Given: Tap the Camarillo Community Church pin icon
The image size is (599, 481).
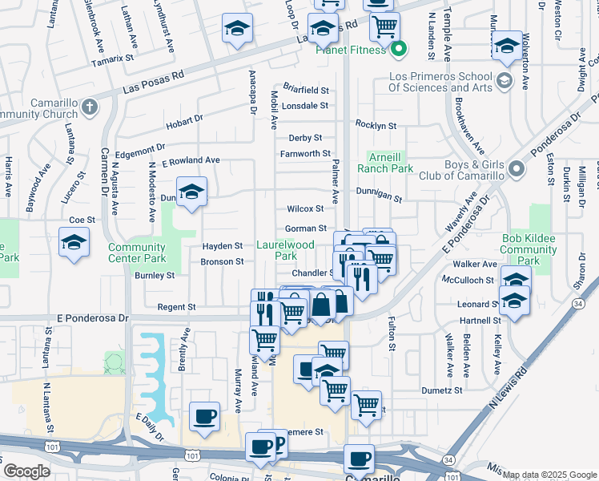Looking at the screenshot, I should (90, 106).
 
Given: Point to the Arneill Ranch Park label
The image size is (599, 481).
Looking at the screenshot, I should (390, 162).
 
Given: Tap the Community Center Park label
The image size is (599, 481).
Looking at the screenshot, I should (137, 253).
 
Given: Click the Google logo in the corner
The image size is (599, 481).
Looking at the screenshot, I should (26, 471).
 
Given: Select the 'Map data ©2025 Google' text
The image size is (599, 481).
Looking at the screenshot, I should (549, 475).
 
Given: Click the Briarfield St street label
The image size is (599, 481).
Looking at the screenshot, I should (306, 90).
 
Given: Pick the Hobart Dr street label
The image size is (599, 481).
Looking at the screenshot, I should (185, 124).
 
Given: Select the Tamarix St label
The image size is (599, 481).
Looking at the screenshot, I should (112, 59).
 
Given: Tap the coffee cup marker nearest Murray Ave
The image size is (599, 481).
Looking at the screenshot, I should (204, 417).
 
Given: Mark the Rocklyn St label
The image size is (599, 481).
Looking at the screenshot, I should (376, 126).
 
